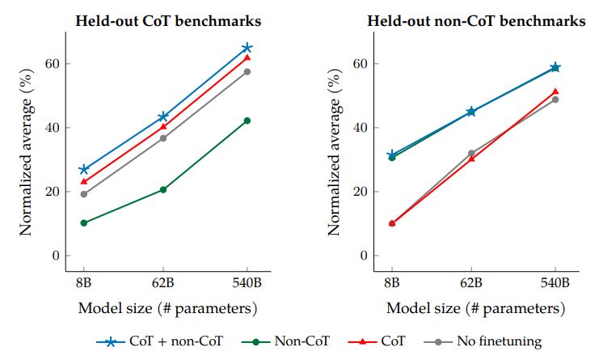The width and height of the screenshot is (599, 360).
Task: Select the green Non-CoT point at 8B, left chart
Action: tap(83, 222)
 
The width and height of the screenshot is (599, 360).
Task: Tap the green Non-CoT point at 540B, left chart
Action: tap(247, 121)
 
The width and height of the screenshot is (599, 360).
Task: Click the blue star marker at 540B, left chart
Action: tap(247, 48)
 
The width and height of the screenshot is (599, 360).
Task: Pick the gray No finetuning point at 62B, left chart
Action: tap(163, 138)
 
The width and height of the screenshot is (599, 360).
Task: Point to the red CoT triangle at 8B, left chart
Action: tap(83, 181)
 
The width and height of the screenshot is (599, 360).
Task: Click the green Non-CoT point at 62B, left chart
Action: tap(163, 189)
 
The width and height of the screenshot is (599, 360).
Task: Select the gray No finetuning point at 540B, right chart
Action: tap(555, 100)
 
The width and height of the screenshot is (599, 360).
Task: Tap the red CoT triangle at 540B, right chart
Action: tap(555, 91)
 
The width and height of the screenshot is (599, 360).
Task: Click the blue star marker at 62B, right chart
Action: tap(471, 112)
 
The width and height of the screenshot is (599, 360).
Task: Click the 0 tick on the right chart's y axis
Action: tap(364, 256)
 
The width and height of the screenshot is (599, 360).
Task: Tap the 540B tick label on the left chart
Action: tap(247, 284)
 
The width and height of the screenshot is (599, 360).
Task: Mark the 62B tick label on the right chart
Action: tap(471, 284)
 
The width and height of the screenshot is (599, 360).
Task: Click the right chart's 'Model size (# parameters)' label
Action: tap(475, 308)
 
